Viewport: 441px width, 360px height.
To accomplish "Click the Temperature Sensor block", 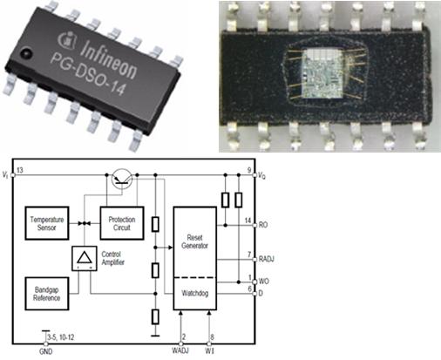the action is point(47,223).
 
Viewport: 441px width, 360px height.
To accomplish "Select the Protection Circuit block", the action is point(122,223).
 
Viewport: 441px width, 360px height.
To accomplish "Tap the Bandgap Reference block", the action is point(47,294).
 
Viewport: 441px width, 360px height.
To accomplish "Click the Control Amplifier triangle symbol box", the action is point(85,258).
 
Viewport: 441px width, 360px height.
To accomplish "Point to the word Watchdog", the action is point(195,293).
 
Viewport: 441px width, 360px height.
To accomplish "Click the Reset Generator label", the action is point(194,241).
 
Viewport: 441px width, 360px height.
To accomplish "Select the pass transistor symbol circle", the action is point(122,179).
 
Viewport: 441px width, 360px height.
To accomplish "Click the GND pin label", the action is point(46,351).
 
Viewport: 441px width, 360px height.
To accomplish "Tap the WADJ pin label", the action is point(180,350).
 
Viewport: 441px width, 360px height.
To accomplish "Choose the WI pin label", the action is point(209,350).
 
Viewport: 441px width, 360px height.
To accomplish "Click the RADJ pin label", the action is point(267,259).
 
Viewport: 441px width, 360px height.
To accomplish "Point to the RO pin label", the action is point(263,225).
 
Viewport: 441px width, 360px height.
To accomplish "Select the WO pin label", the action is point(264,282).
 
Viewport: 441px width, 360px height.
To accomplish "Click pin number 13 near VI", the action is point(20,170).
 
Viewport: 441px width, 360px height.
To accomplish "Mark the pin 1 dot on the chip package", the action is point(25,53).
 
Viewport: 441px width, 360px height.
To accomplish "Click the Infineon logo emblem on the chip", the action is point(67,41).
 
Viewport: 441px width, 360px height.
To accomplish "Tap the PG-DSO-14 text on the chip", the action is point(88,74).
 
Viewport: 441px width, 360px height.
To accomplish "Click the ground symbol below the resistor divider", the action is point(155,336).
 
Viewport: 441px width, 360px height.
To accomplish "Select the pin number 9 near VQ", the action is point(249,170).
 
